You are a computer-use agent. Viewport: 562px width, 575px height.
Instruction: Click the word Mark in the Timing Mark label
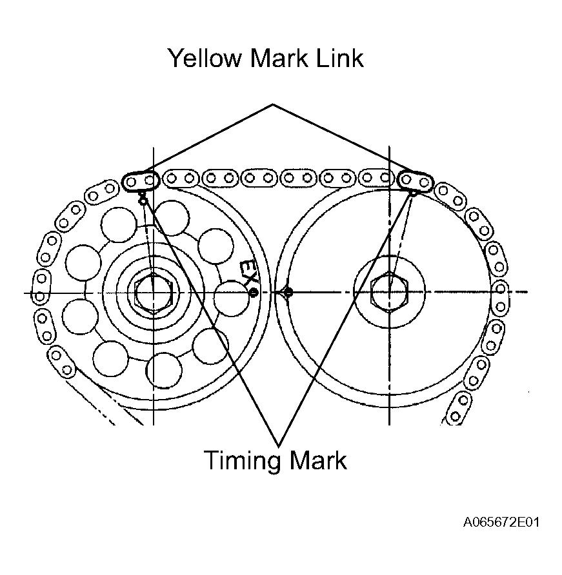(x=318, y=460)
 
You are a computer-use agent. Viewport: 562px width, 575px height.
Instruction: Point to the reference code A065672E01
(x=501, y=522)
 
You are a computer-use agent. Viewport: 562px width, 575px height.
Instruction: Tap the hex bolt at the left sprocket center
(x=154, y=293)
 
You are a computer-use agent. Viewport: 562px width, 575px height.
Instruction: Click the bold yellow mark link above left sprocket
(x=141, y=181)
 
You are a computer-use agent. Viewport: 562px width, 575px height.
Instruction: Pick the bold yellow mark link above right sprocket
(x=416, y=181)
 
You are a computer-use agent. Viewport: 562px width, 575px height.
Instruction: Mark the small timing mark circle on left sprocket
(x=143, y=200)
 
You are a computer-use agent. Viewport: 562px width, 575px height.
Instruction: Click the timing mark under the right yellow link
(x=414, y=193)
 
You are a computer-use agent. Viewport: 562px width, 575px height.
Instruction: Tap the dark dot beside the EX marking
(x=254, y=292)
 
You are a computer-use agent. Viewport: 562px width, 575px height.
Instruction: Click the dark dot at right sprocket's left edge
(x=288, y=292)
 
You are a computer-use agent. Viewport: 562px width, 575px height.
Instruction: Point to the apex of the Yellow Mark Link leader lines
(x=273, y=104)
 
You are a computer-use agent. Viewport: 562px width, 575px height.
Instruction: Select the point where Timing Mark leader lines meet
(x=279, y=446)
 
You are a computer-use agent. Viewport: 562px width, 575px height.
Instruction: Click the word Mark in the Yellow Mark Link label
(x=279, y=58)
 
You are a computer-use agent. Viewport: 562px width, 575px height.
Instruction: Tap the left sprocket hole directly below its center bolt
(x=164, y=371)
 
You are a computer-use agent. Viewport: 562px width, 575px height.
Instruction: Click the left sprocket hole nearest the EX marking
(x=230, y=298)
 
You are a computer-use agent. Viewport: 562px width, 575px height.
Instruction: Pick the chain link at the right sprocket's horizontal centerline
(x=500, y=298)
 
